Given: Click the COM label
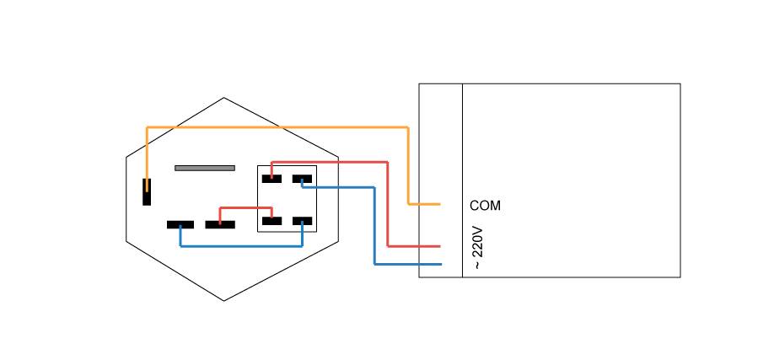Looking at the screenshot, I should click(x=485, y=205).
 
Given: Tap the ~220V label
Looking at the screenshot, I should click(x=478, y=247).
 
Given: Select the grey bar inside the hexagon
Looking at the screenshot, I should click(x=205, y=168).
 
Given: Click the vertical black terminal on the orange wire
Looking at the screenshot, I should click(x=147, y=191).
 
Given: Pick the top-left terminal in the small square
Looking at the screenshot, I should click(x=271, y=178).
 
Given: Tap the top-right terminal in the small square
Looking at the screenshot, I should click(x=302, y=178).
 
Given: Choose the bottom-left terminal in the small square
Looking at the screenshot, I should click(x=271, y=221).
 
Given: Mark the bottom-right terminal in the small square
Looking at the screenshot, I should click(x=302, y=221).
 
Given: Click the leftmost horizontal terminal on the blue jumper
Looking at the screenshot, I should click(x=180, y=224).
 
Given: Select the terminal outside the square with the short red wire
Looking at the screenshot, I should click(x=220, y=224).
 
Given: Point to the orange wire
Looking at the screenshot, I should click(x=278, y=127).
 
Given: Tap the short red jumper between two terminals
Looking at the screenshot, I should click(x=245, y=207).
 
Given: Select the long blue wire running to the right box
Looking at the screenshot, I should click(x=374, y=228).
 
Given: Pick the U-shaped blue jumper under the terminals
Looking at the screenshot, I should click(x=241, y=246).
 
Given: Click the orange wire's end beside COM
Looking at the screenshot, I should click(x=438, y=204).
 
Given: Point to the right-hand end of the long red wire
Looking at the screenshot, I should click(x=438, y=246).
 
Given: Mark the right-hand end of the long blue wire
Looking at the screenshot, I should click(x=438, y=264).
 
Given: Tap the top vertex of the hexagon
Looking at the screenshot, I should click(x=223, y=98).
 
